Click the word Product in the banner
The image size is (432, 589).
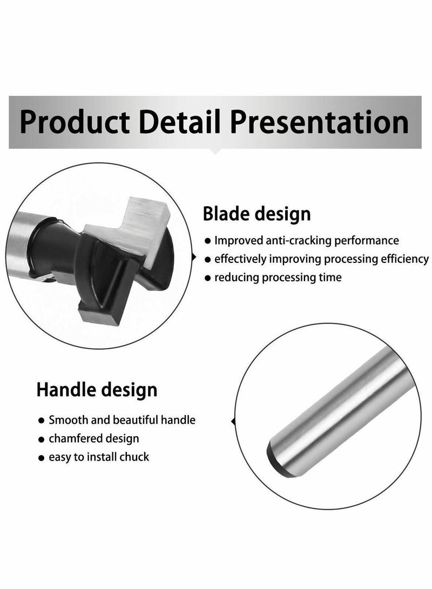tap(73, 123)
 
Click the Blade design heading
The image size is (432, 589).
tap(256, 214)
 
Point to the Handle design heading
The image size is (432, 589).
tap(97, 389)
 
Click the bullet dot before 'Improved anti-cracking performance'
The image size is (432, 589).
tap(207, 241)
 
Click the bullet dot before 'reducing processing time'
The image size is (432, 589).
tap(207, 279)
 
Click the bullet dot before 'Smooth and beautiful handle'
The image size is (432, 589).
tap(42, 421)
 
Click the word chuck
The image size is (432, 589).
tap(134, 457)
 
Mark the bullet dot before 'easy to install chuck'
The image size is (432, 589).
tap(42, 458)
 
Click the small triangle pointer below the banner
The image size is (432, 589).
tap(215, 151)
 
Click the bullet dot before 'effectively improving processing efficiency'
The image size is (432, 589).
tap(207, 260)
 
